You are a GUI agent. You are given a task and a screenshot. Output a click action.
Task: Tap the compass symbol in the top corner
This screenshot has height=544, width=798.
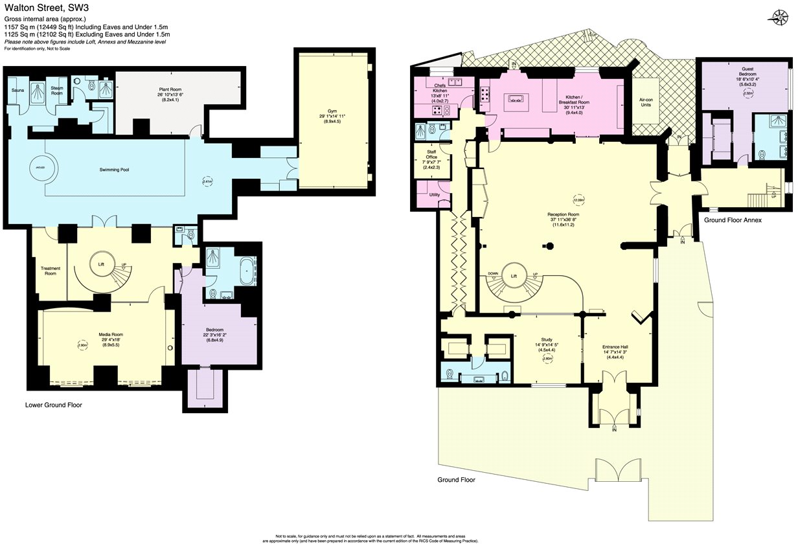[x=776, y=17]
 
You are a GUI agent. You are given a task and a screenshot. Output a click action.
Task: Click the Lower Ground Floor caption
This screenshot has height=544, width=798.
[x=54, y=405]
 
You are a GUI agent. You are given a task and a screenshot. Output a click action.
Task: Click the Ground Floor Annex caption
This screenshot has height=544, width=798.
[x=733, y=220]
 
